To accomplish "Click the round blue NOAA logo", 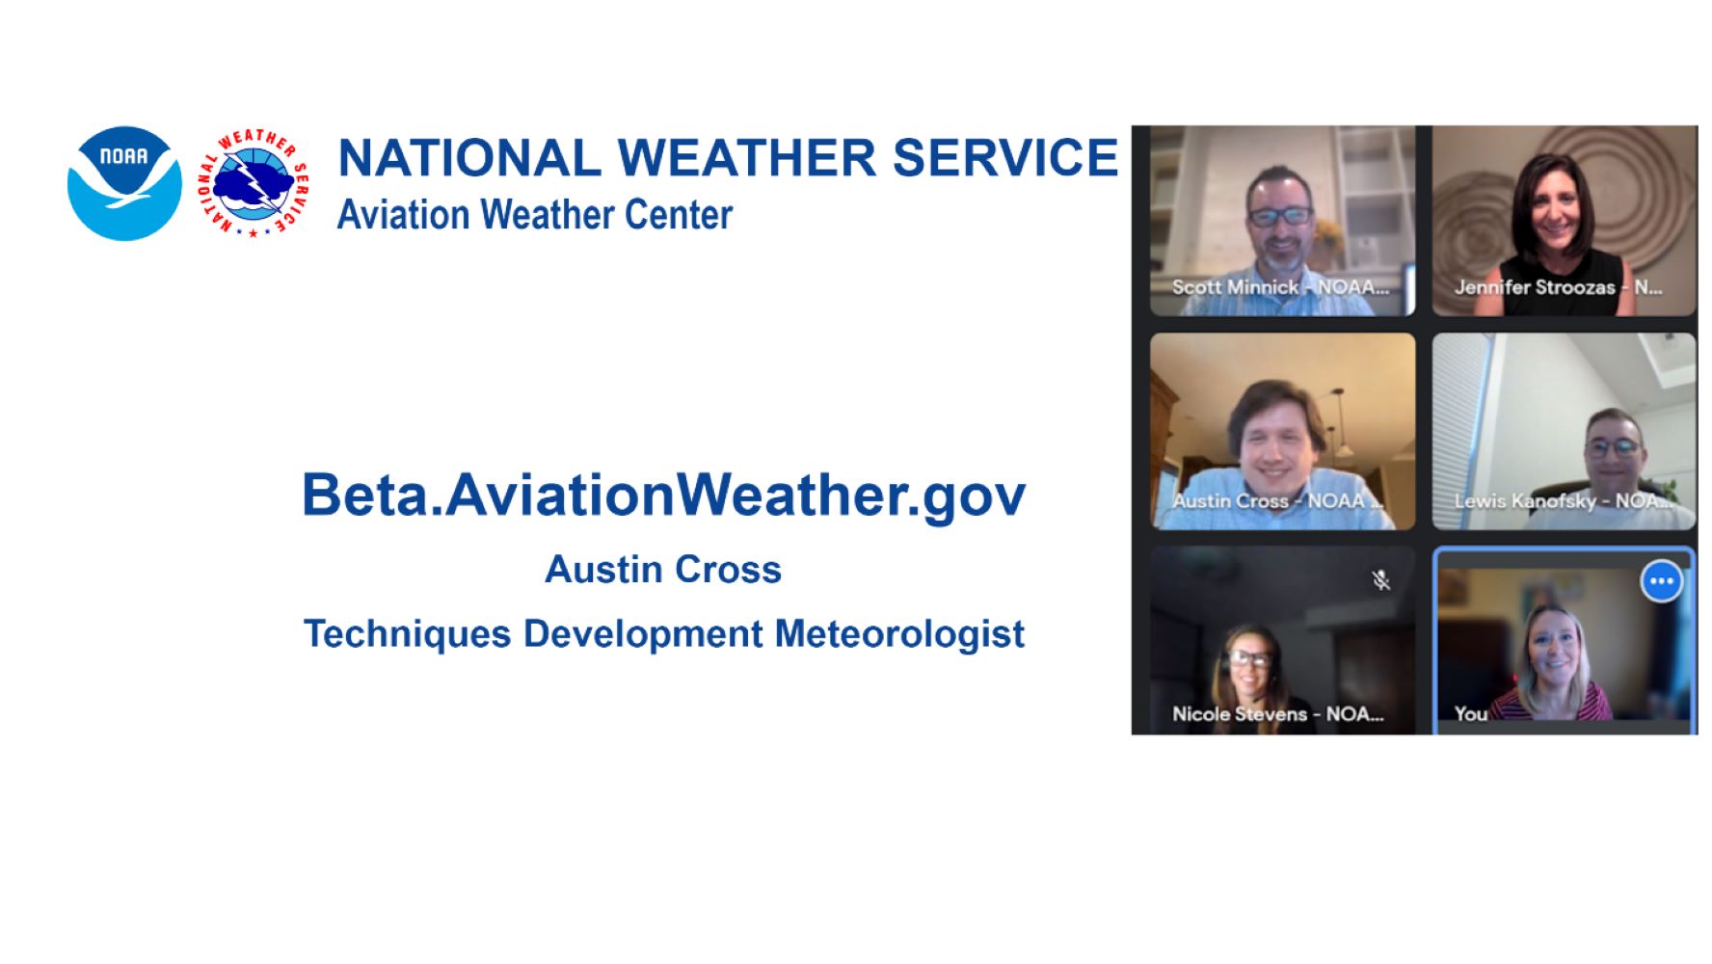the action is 124,183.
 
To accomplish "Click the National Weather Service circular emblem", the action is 254,183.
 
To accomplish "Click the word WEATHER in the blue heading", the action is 747,158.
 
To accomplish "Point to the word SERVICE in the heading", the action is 1005,158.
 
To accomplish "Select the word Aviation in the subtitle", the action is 403,214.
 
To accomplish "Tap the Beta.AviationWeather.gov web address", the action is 664,496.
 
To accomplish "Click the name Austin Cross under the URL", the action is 663,570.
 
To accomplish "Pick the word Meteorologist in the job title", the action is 899,635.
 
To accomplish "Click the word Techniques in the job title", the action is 407,635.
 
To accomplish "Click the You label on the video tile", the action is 1471,714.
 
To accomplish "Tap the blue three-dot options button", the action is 1662,581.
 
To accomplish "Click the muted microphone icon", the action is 1381,579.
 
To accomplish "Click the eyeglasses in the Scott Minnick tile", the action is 1280,216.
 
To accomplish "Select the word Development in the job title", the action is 643,635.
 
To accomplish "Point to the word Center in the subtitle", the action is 679,214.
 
